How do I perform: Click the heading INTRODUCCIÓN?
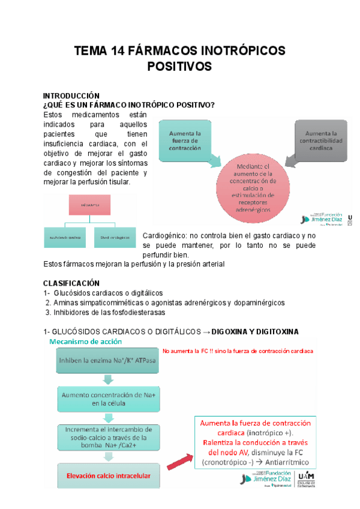pyautogui.click(x=70, y=96)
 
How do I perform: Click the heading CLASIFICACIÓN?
pyautogui.click(x=71, y=283)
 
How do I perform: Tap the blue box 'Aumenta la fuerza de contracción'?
pyautogui.click(x=185, y=140)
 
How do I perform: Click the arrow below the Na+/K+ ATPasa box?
pyautogui.click(x=107, y=379)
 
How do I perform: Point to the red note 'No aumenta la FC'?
pyautogui.click(x=238, y=351)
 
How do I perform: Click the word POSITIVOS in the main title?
pyautogui.click(x=179, y=67)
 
